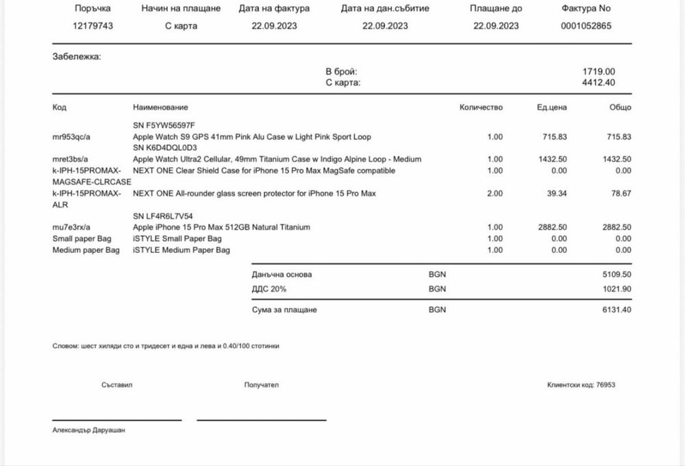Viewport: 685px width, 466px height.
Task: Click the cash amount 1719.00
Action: (x=598, y=71)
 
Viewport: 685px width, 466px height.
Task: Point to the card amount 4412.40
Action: (x=598, y=83)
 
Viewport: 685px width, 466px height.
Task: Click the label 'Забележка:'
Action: (x=77, y=57)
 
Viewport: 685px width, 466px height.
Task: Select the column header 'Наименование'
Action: (x=160, y=108)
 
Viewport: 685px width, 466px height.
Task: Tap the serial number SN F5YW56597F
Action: (x=164, y=125)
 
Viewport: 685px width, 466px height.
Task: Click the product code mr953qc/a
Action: (x=71, y=137)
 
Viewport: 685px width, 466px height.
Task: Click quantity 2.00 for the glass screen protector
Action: (x=495, y=194)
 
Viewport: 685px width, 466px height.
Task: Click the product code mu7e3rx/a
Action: (x=72, y=227)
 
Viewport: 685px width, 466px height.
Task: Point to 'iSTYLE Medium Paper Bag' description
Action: (x=182, y=250)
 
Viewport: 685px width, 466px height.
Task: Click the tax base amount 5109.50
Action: (x=616, y=275)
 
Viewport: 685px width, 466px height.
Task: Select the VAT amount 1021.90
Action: (x=616, y=289)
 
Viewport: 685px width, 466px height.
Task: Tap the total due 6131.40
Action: (x=616, y=310)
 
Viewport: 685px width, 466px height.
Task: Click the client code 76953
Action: (x=605, y=385)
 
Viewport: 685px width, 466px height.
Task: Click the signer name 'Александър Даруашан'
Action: (x=89, y=430)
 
